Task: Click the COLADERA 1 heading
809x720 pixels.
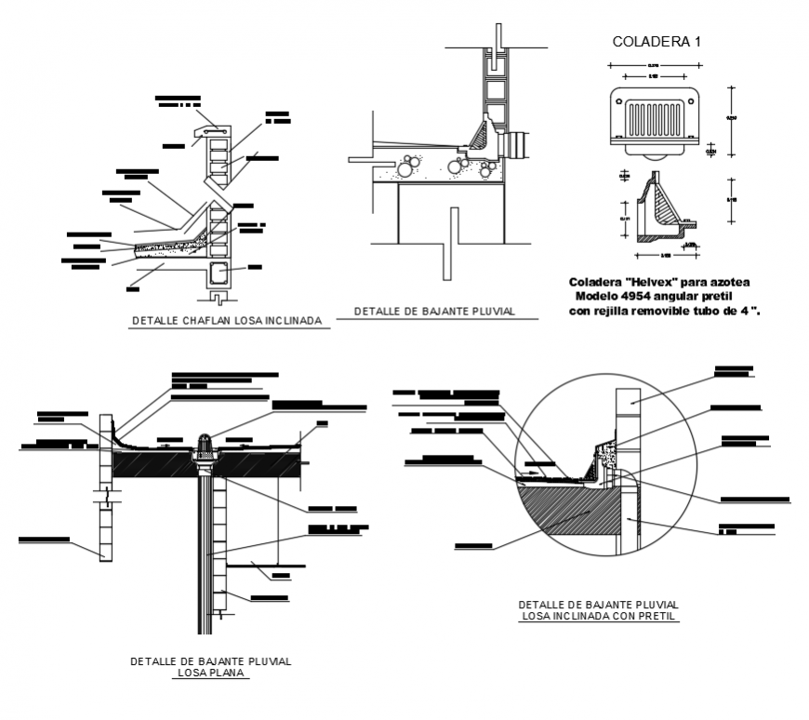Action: pyautogui.click(x=656, y=41)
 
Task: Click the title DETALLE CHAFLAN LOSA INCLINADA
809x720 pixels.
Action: pyautogui.click(x=226, y=321)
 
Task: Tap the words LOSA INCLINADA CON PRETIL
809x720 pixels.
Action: pyautogui.click(x=599, y=615)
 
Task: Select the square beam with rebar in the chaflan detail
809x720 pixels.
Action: pyautogui.click(x=219, y=273)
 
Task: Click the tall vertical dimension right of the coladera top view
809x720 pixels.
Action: pyautogui.click(x=731, y=122)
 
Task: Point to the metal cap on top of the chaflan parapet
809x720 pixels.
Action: pyautogui.click(x=212, y=131)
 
